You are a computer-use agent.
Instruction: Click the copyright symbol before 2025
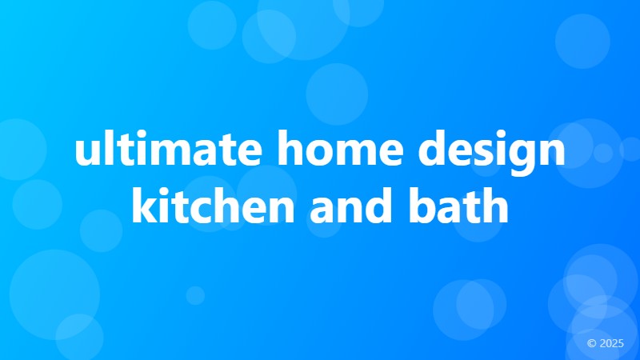[591, 343]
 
